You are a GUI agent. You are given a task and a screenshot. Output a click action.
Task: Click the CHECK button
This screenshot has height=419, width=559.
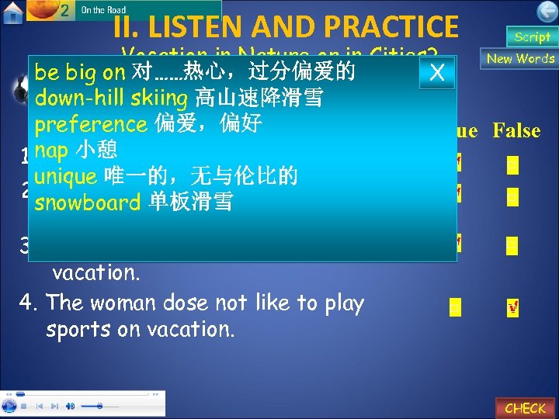pyautogui.click(x=525, y=407)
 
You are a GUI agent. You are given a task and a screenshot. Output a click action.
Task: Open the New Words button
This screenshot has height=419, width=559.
pyautogui.click(x=520, y=59)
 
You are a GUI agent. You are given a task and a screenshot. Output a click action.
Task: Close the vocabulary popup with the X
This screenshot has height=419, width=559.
pyautogui.click(x=437, y=72)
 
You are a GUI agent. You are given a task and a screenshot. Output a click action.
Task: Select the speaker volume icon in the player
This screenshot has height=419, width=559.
pyautogui.click(x=71, y=406)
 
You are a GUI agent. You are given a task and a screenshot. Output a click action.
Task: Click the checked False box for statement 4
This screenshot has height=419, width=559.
pyautogui.click(x=512, y=309)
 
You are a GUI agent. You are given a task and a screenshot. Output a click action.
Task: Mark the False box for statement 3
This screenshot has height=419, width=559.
pyautogui.click(x=512, y=245)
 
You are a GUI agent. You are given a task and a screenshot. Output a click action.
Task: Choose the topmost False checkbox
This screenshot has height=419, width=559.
pyautogui.click(x=512, y=165)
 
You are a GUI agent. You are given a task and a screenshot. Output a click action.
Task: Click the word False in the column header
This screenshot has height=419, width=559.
pyautogui.click(x=516, y=130)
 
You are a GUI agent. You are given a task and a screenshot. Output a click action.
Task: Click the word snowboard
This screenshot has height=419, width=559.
pyautogui.click(x=87, y=203)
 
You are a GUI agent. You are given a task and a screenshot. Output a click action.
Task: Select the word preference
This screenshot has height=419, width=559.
pyautogui.click(x=91, y=123)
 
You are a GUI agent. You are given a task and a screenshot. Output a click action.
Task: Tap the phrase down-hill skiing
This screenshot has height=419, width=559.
pyautogui.click(x=112, y=99)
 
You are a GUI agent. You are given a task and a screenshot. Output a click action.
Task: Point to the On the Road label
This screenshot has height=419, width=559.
pyautogui.click(x=104, y=10)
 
